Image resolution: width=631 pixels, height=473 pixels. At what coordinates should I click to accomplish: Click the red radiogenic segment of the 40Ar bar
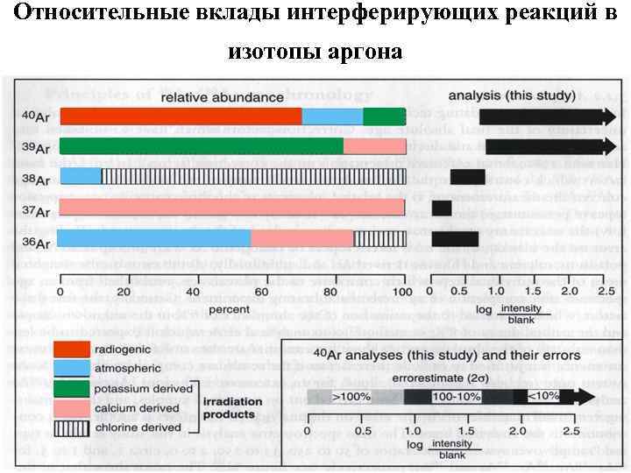click(181, 116)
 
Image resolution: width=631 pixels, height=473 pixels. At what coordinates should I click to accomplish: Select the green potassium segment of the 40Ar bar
click(385, 116)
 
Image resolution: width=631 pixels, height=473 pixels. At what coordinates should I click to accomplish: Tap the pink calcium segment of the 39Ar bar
click(374, 145)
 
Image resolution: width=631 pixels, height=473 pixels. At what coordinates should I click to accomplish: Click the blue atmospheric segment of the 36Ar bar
click(154, 238)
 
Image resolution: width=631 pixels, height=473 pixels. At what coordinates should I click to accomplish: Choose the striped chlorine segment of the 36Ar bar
click(379, 238)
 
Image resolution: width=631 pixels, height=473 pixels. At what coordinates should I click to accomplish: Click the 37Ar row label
click(36, 210)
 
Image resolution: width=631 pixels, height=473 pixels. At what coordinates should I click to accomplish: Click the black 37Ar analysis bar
click(442, 208)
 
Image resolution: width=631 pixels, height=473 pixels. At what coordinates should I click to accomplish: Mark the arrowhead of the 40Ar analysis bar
click(605, 116)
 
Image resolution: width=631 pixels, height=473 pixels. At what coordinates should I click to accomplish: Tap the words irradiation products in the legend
click(230, 409)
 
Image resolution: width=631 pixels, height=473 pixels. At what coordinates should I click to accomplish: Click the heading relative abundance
click(233, 96)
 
